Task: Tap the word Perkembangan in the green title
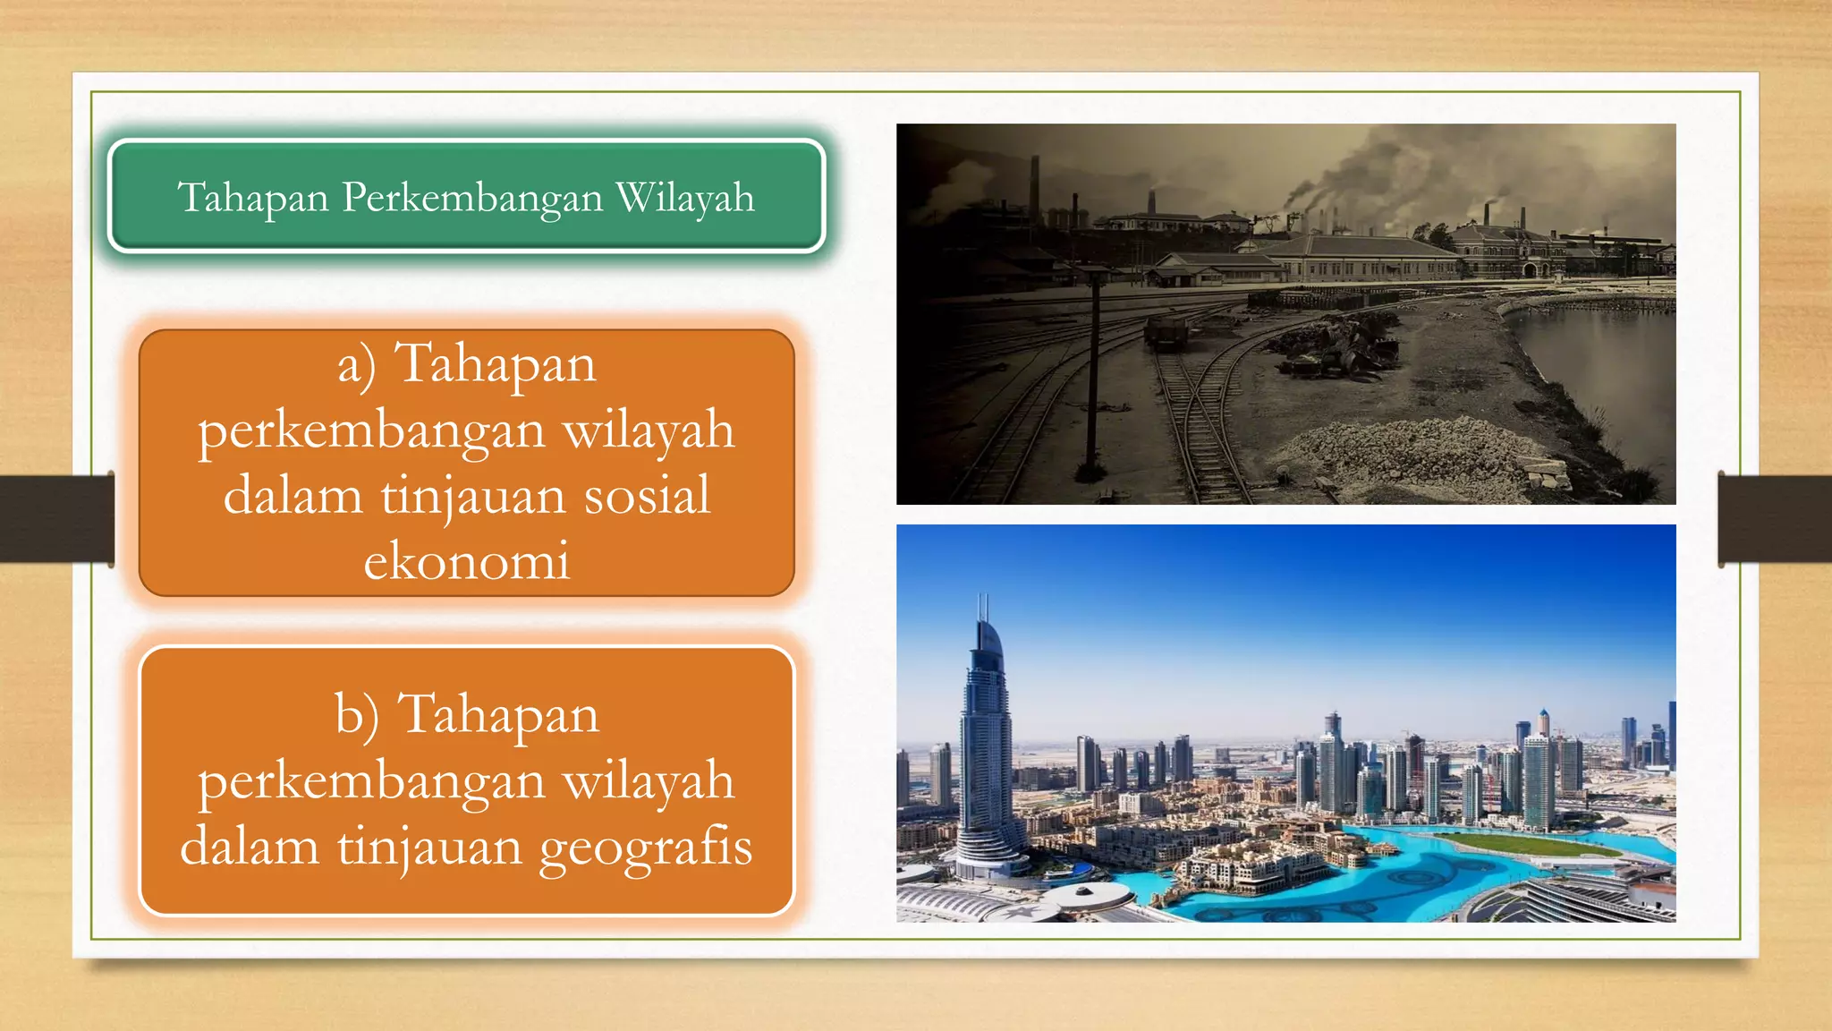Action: pyautogui.click(x=472, y=199)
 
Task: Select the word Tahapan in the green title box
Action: pyautogui.click(x=253, y=199)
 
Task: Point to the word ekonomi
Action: pyautogui.click(x=466, y=561)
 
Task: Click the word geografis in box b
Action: pyautogui.click(x=645, y=847)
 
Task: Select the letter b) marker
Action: pyautogui.click(x=357, y=716)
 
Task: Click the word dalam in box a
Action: pyautogui.click(x=293, y=496)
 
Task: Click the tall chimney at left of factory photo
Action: pyautogui.click(x=1034, y=188)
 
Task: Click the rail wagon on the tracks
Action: pyautogui.click(x=1166, y=332)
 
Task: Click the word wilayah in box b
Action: pyautogui.click(x=648, y=781)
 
